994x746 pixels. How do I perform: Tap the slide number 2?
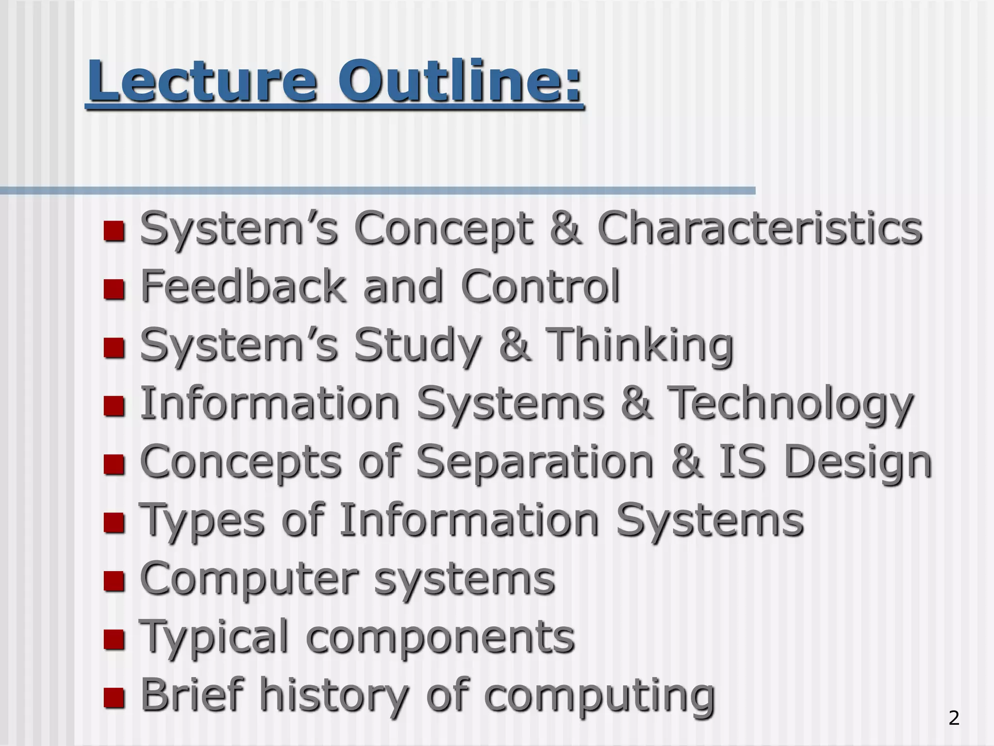pos(954,718)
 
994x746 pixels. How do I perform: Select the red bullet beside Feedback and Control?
pos(114,289)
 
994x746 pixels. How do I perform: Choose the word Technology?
pos(791,404)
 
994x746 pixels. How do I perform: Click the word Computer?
pos(249,579)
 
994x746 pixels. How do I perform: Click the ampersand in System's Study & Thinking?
pos(514,345)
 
